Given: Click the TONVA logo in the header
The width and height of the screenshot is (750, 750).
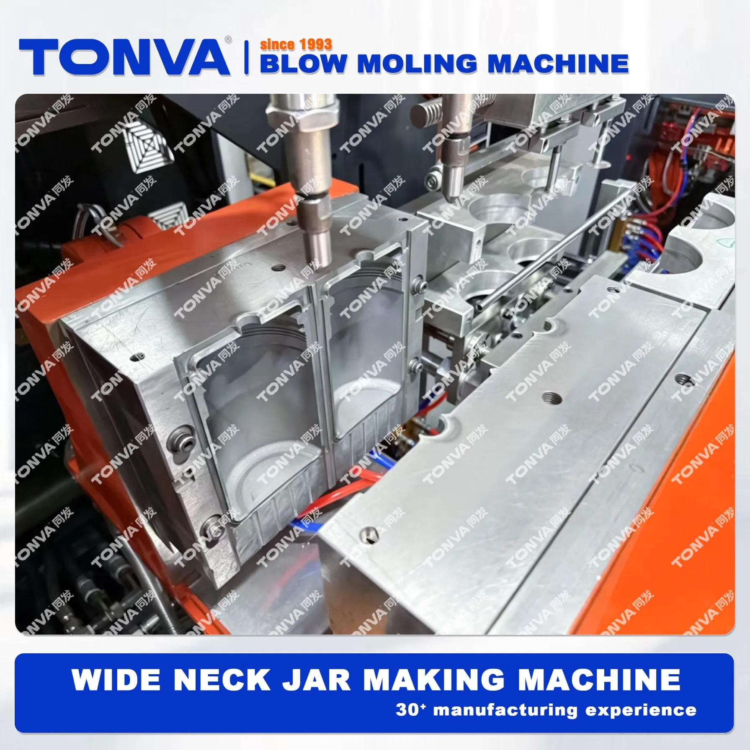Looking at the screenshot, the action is click(x=124, y=57).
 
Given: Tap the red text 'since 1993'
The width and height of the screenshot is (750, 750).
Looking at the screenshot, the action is click(x=296, y=44).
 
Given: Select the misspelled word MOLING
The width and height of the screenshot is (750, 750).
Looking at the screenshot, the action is click(x=417, y=64).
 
